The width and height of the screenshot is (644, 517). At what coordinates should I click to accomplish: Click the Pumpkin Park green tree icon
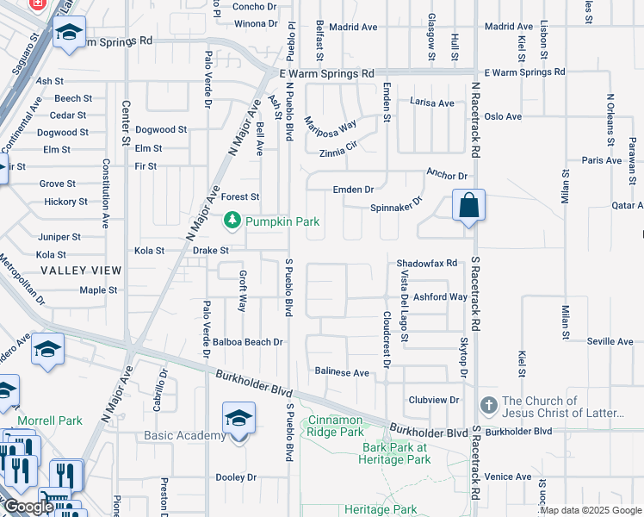click(x=232, y=221)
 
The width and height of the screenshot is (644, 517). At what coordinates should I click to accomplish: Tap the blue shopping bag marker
click(x=468, y=206)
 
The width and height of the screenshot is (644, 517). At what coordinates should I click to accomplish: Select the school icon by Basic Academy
click(x=238, y=419)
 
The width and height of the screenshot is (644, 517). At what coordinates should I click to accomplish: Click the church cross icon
click(x=489, y=405)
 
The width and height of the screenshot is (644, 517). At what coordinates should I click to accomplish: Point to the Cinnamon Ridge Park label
click(x=336, y=426)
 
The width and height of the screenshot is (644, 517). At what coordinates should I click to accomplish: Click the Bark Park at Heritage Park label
click(x=395, y=453)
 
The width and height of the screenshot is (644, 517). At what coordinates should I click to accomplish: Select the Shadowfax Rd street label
click(x=426, y=263)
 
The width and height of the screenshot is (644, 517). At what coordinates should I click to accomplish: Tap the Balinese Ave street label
click(x=342, y=373)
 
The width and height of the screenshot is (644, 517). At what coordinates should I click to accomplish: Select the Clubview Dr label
click(x=434, y=400)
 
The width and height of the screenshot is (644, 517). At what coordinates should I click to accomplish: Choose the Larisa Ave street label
click(x=432, y=103)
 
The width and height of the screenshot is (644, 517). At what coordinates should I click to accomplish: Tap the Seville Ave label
click(x=610, y=342)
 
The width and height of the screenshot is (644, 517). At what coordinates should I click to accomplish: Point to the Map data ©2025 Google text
click(x=591, y=510)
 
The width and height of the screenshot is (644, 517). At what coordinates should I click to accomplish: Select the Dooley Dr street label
click(x=236, y=477)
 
